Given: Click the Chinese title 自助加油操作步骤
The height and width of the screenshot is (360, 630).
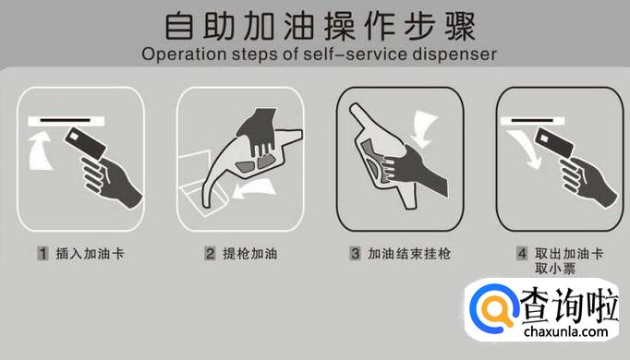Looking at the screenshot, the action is click(x=321, y=27).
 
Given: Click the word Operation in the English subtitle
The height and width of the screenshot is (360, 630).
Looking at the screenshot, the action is click(x=184, y=54).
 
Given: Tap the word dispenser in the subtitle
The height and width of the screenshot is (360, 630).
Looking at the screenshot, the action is click(x=454, y=54).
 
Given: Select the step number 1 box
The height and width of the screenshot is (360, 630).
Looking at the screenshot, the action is click(x=43, y=254).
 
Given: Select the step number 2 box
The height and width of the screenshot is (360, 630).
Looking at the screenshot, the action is click(x=210, y=254).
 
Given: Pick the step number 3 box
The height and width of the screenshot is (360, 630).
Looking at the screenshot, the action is click(x=355, y=254).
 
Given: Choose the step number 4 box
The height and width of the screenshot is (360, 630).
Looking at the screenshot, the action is click(x=522, y=254).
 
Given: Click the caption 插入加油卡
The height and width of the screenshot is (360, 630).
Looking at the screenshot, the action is click(x=90, y=254).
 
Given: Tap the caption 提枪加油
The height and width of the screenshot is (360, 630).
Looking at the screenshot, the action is click(x=250, y=254).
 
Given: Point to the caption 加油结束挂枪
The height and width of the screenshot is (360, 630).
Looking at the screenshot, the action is click(x=409, y=254).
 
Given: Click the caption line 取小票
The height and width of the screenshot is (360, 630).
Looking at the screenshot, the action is click(x=555, y=268).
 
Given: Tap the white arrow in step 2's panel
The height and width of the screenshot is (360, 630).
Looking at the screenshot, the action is click(x=254, y=189).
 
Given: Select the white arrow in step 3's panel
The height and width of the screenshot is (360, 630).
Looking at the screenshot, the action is click(x=424, y=128).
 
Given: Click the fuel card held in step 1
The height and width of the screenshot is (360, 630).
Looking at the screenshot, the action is click(x=85, y=144).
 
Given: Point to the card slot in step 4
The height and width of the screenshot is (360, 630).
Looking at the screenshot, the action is click(x=532, y=121).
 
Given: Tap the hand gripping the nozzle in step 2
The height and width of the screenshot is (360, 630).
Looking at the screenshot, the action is click(x=258, y=130).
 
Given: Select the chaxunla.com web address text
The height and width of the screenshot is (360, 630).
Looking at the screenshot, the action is click(x=565, y=332).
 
